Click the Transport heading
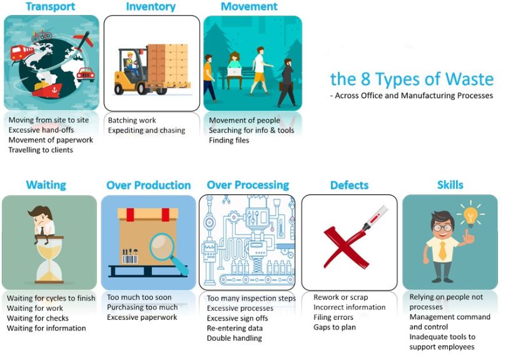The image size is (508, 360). tap(50, 6)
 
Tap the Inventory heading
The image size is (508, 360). tap(151, 7)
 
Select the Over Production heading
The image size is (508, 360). tap(149, 185)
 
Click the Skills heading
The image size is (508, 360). tap(450, 185)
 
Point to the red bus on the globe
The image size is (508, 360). tap(22, 52)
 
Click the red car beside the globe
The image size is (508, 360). tap(86, 74)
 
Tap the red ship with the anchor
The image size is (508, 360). tap(49, 89)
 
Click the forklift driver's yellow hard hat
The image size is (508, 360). tap(130, 54)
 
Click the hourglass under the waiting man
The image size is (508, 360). tap(49, 260)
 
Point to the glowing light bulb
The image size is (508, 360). tap(470, 215)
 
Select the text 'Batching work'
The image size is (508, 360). tap(132, 121)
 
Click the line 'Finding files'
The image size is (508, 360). tap(229, 141)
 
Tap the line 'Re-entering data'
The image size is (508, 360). tap(235, 328)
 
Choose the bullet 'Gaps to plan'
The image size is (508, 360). tap(335, 327)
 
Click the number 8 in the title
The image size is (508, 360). tap(365, 79)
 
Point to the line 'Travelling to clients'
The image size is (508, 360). tap(41, 150)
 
